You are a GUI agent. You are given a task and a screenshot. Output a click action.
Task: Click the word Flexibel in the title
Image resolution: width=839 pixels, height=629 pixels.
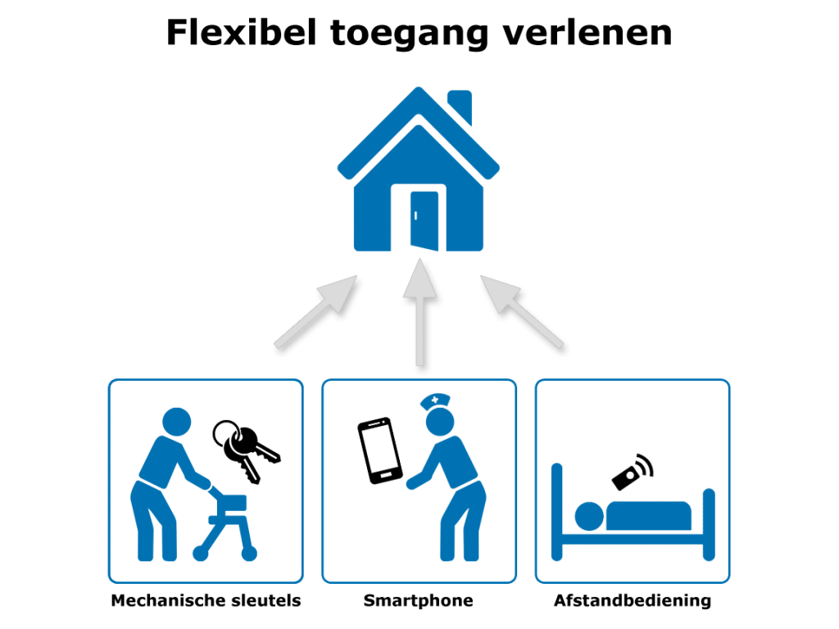[x=242, y=33]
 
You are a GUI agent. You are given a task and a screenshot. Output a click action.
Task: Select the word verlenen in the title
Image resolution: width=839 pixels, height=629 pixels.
[x=587, y=33]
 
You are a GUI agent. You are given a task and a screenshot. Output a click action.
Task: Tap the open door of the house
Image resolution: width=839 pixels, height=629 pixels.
[x=424, y=220]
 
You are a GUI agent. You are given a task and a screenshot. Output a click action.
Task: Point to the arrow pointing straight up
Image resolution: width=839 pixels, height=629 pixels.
[x=420, y=312]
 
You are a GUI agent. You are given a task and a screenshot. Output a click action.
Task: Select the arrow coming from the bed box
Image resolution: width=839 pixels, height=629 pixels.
[x=521, y=310]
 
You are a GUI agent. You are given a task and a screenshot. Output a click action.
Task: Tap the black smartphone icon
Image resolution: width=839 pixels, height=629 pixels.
[x=380, y=451]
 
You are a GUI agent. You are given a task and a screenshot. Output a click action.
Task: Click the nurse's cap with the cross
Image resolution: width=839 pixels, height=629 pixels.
[x=435, y=400]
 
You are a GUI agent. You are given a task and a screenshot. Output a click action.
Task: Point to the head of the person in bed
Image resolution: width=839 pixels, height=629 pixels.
[x=589, y=516]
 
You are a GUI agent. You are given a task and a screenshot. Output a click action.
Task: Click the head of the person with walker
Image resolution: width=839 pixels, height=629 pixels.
[x=177, y=422]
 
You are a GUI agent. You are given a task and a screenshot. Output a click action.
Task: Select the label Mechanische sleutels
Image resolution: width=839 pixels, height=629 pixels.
[x=206, y=600]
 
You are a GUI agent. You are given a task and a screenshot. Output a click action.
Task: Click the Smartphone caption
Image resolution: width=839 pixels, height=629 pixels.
[x=419, y=600]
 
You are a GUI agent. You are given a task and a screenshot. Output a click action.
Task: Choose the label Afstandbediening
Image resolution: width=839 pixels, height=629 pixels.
[x=633, y=600]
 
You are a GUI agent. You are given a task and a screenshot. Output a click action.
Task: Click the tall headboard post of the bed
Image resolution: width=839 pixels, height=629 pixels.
[x=557, y=512]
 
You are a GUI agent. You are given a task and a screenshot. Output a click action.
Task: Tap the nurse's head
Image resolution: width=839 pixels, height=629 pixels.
[x=440, y=422]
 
